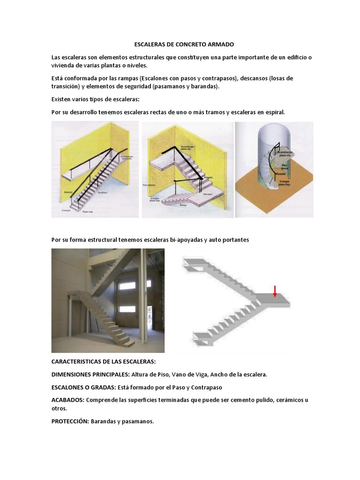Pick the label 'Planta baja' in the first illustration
click(x=87, y=212)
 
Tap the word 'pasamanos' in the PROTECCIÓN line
click(x=138, y=421)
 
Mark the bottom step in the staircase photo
click(x=125, y=341)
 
